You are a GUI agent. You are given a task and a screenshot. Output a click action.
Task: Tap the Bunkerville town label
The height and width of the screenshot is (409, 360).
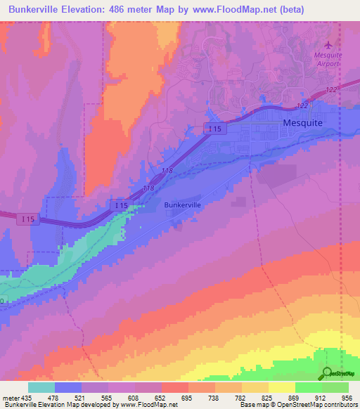click(x=182, y=204)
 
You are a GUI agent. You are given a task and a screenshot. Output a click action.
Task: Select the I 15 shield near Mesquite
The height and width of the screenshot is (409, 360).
click(x=214, y=127)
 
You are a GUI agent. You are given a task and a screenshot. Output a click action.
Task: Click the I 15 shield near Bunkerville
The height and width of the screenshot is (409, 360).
click(x=119, y=205)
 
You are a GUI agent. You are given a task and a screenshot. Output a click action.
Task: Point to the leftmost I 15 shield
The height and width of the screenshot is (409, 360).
click(x=27, y=220)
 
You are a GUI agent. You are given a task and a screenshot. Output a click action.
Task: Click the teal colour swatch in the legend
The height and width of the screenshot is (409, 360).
click(x=41, y=387)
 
